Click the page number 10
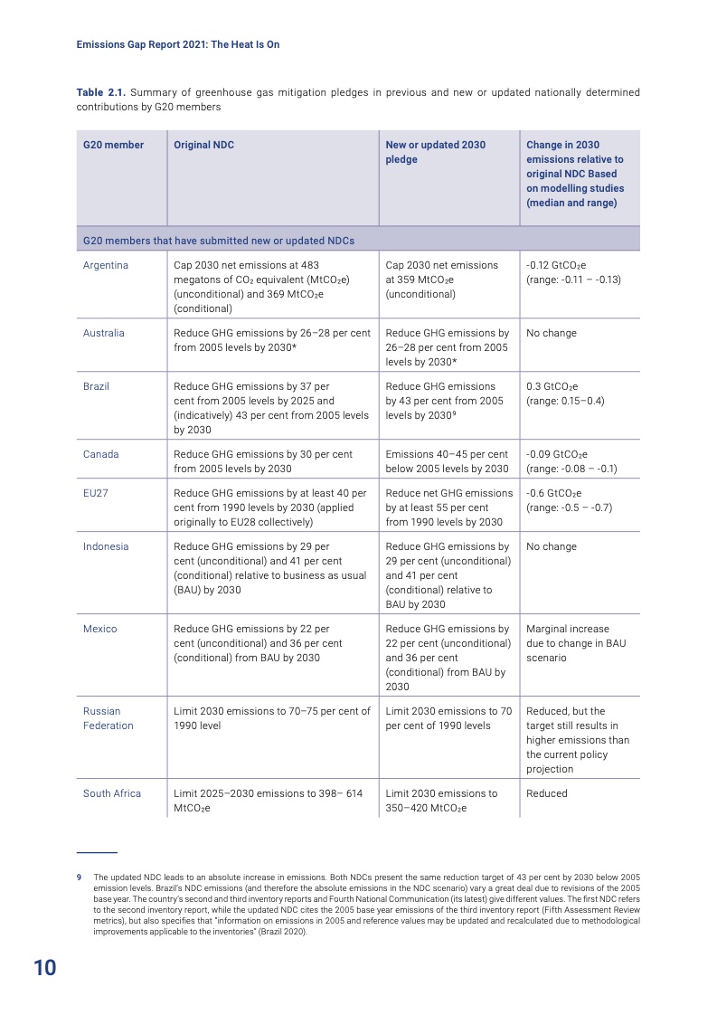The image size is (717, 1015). pyautogui.click(x=45, y=968)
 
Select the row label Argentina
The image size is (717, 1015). pyautogui.click(x=106, y=265)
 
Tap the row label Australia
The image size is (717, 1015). pyautogui.click(x=104, y=333)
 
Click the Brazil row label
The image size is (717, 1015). pyautogui.click(x=96, y=386)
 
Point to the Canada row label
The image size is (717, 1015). pyautogui.click(x=101, y=454)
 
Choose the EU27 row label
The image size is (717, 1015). pyautogui.click(x=95, y=493)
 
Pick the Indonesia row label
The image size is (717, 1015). pyautogui.click(x=106, y=546)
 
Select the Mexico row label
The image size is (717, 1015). pyautogui.click(x=100, y=629)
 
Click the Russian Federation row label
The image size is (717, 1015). pyautogui.click(x=108, y=718)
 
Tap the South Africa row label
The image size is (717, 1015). pyautogui.click(x=112, y=793)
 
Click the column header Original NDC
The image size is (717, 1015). pyautogui.click(x=203, y=145)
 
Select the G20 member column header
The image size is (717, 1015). pyautogui.click(x=113, y=145)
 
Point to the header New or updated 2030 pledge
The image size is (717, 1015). pyautogui.click(x=435, y=152)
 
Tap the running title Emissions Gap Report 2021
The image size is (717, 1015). pyautogui.click(x=178, y=43)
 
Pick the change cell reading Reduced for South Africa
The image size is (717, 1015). pyautogui.click(x=547, y=793)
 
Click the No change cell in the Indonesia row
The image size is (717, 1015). pyautogui.click(x=552, y=546)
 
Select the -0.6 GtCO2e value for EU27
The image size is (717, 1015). pyautogui.click(x=556, y=493)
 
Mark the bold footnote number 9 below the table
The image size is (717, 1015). pyautogui.click(x=79, y=877)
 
